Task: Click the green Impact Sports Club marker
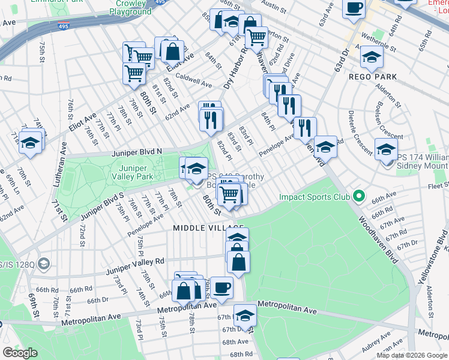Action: pos(359,196)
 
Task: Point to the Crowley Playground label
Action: pos(130,8)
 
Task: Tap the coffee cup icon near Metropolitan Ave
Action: pos(221,287)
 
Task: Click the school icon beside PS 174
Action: pos(386,148)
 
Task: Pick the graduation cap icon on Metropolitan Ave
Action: pos(245,314)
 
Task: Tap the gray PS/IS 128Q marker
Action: pos(43,263)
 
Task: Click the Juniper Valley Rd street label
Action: pos(134,261)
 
